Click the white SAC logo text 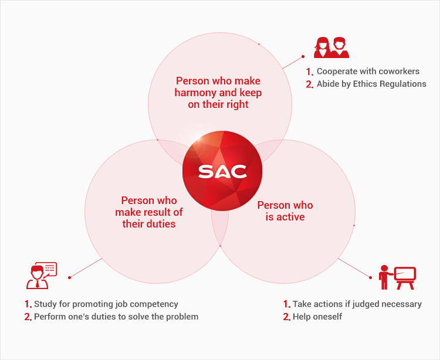click(x=222, y=172)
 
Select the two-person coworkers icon click(x=331, y=47)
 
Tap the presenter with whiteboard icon click(x=397, y=277)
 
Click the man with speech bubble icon click(x=42, y=276)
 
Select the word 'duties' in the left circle click(x=163, y=224)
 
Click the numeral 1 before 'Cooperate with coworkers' click(x=309, y=72)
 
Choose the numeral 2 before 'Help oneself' click(x=286, y=317)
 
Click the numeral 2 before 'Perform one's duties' click(x=28, y=317)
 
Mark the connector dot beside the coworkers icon click(x=303, y=57)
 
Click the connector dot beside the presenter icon click(x=370, y=277)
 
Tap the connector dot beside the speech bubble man click(x=69, y=277)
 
